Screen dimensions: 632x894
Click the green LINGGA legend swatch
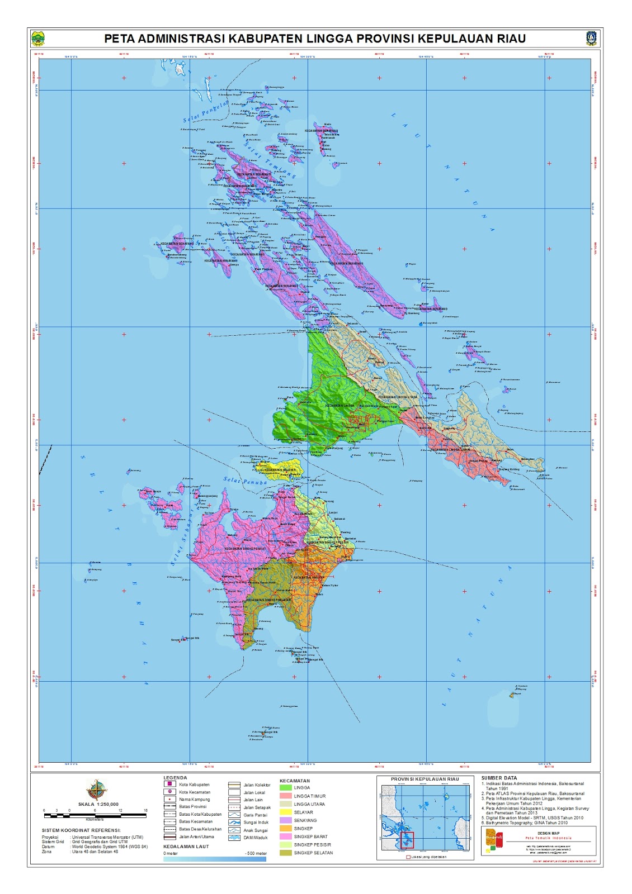pyautogui.click(x=285, y=788)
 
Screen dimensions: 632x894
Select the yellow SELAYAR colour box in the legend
pyautogui.click(x=285, y=812)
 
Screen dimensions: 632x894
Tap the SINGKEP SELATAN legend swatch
pyautogui.click(x=285, y=853)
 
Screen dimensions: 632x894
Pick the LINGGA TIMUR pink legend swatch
pyautogui.click(x=285, y=796)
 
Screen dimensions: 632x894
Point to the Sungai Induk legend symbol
pyautogui.click(x=234, y=822)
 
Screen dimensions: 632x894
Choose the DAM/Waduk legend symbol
pyautogui.click(x=234, y=838)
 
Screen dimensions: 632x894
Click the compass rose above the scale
pyautogui.click(x=96, y=790)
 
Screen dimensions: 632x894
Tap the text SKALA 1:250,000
pyautogui.click(x=98, y=805)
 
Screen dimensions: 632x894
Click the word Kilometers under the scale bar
pyautogui.click(x=95, y=820)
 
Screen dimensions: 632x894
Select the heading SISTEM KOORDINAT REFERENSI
pyautogui.click(x=81, y=830)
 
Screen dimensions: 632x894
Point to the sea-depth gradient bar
pyautogui.click(x=215, y=859)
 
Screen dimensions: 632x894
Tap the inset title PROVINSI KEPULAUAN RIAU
pyautogui.click(x=425, y=779)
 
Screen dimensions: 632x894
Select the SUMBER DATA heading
pyautogui.click(x=499, y=778)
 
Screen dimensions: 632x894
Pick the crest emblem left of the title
pyautogui.click(x=38, y=39)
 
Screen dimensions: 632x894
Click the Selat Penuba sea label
pyautogui.click(x=246, y=481)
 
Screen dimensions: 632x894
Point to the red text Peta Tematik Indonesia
pyautogui.click(x=548, y=838)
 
